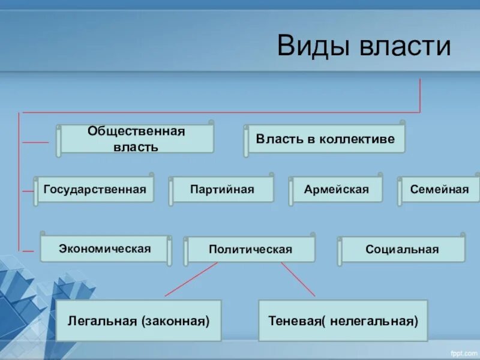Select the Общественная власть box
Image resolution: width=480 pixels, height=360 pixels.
pos(136,139)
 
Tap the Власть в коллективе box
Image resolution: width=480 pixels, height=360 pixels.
pos(325,139)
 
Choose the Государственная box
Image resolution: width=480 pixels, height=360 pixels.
pos(95,189)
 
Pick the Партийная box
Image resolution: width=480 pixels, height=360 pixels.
pos(222,190)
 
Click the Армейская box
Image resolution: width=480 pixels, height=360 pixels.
pos(336,190)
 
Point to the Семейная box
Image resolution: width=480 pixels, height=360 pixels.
pos(439,190)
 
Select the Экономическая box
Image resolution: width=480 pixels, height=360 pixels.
pos(105,248)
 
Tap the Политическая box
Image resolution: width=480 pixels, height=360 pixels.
pos(250,249)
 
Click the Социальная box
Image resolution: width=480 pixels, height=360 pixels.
pos(403,249)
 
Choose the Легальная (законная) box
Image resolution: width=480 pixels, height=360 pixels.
pos(139,321)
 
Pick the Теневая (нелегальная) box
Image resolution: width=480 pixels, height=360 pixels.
pos(343,321)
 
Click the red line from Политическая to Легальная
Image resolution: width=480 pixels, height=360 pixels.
pos(191,280)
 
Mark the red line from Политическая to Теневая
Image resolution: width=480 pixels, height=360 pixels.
pos(298,280)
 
